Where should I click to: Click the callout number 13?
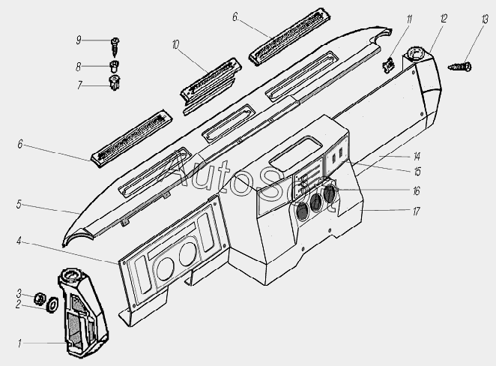coord(485,19)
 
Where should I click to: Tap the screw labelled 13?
coord(459,67)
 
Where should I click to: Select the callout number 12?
coord(443,18)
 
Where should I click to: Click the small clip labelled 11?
coord(388,64)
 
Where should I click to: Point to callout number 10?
coord(175,45)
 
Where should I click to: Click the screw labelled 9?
coord(115,46)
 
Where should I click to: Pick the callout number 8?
coord(79,67)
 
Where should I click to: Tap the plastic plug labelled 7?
coord(114,82)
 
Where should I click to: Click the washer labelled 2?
coord(52,305)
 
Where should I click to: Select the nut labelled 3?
coord(39,298)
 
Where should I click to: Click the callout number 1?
coord(19,343)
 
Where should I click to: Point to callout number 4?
coord(19,241)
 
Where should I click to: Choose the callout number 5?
coord(19,205)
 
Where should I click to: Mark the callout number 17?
coord(416,211)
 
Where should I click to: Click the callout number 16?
coord(417,191)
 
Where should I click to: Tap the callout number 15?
coord(417,172)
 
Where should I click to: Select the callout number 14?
coord(417,157)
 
